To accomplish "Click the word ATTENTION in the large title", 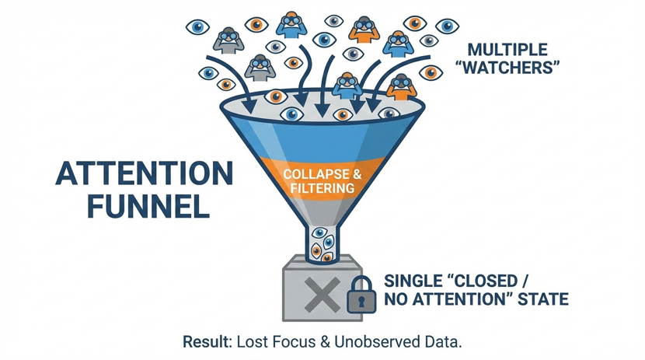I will tap(144, 173).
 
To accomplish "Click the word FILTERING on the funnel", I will tap(320, 188).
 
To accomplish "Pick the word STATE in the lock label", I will tap(540, 299).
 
